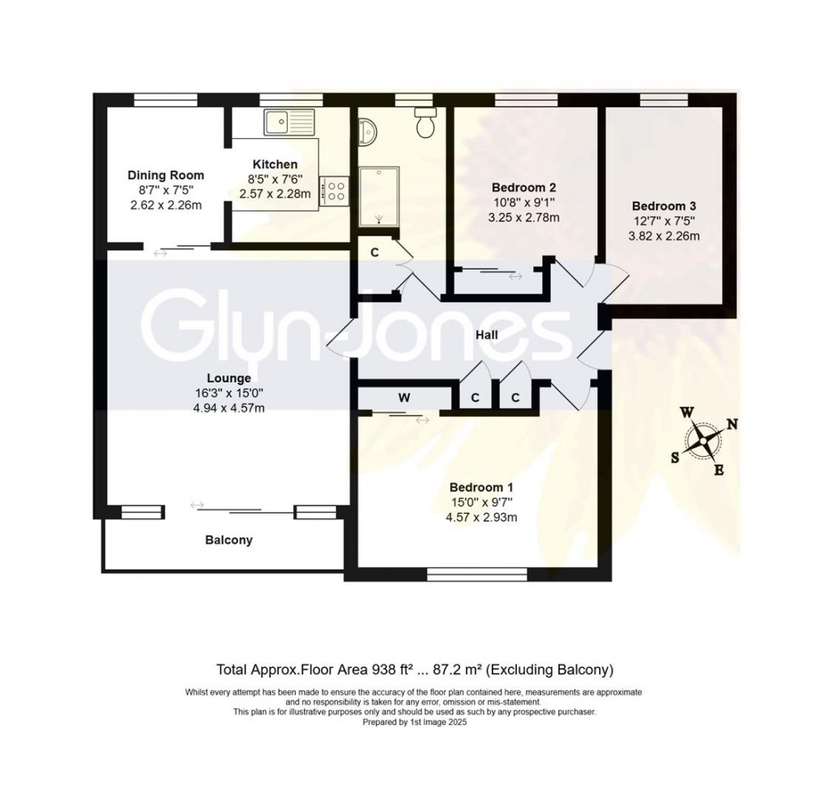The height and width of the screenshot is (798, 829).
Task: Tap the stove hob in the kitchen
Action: [335, 192]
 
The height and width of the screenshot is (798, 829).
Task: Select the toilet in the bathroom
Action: [424, 123]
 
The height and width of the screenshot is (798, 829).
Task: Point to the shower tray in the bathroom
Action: [380, 196]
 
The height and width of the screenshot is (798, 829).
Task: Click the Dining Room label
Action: [166, 175]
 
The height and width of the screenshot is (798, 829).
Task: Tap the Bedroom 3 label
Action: [665, 206]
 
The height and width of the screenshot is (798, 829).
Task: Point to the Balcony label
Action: [228, 540]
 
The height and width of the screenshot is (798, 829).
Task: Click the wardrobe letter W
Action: [404, 397]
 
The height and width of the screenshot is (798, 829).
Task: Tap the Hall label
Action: [488, 335]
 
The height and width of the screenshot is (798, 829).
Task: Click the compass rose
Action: [703, 442]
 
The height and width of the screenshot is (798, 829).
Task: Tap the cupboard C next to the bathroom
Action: [375, 252]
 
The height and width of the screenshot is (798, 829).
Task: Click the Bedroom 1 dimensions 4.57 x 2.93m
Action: [481, 517]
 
